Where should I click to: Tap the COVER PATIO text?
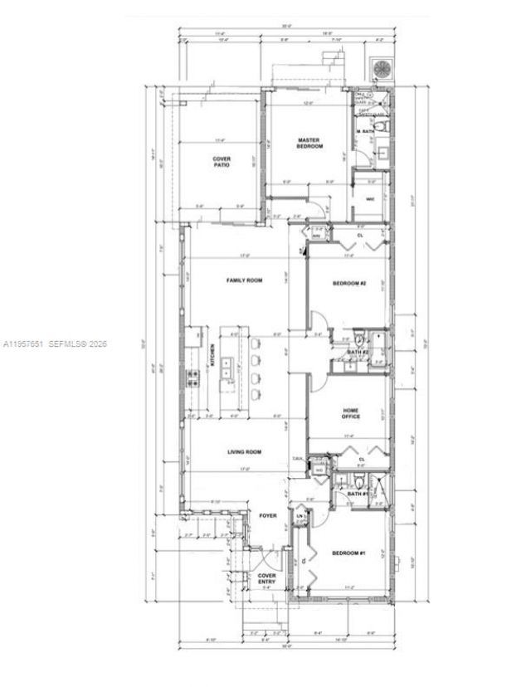click(222, 162)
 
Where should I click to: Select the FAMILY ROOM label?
click(244, 280)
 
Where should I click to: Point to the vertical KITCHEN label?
click(212, 356)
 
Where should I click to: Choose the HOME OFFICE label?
click(350, 413)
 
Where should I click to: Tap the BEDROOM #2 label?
click(349, 284)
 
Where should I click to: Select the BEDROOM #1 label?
click(348, 553)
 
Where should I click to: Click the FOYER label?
click(267, 515)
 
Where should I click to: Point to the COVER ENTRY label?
click(266, 578)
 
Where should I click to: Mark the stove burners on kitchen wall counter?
click(194, 378)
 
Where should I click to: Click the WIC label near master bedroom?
click(370, 198)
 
